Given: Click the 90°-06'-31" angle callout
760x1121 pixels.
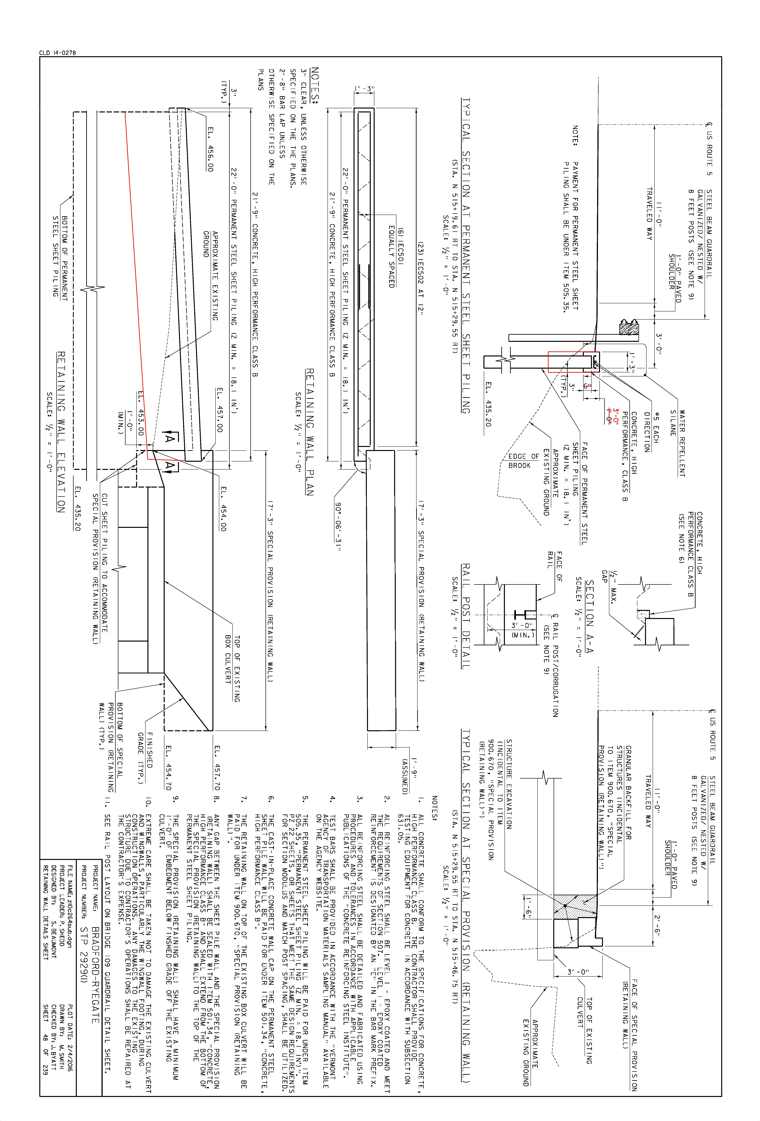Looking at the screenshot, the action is [338, 527].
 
